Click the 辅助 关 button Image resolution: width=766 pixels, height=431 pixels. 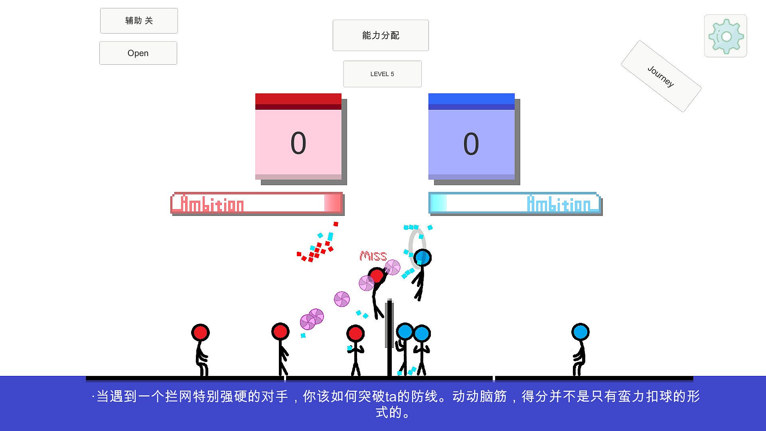(x=139, y=21)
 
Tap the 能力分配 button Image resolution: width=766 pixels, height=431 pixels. (x=381, y=36)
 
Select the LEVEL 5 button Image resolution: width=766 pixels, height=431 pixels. (x=382, y=74)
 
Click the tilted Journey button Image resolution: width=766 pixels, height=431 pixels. (x=661, y=76)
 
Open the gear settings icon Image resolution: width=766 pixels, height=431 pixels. (x=726, y=36)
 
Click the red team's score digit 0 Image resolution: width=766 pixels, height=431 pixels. (x=298, y=143)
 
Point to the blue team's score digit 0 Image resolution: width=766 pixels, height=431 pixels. (x=471, y=144)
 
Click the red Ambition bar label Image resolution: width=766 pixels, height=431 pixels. (x=212, y=204)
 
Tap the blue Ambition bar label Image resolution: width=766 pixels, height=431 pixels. (x=559, y=204)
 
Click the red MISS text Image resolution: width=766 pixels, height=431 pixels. (x=373, y=256)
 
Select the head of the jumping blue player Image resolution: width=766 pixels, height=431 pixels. (x=422, y=258)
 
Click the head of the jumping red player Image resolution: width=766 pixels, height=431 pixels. (x=377, y=276)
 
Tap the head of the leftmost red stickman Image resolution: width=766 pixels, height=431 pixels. (x=200, y=332)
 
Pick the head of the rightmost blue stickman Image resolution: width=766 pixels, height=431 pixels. (x=580, y=332)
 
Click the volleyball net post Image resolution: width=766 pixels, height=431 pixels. (x=389, y=338)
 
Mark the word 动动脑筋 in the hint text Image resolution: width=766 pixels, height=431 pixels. (x=480, y=396)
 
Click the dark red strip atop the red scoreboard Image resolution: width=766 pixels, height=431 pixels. (x=298, y=107)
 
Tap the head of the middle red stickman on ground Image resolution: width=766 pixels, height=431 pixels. (x=280, y=332)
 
